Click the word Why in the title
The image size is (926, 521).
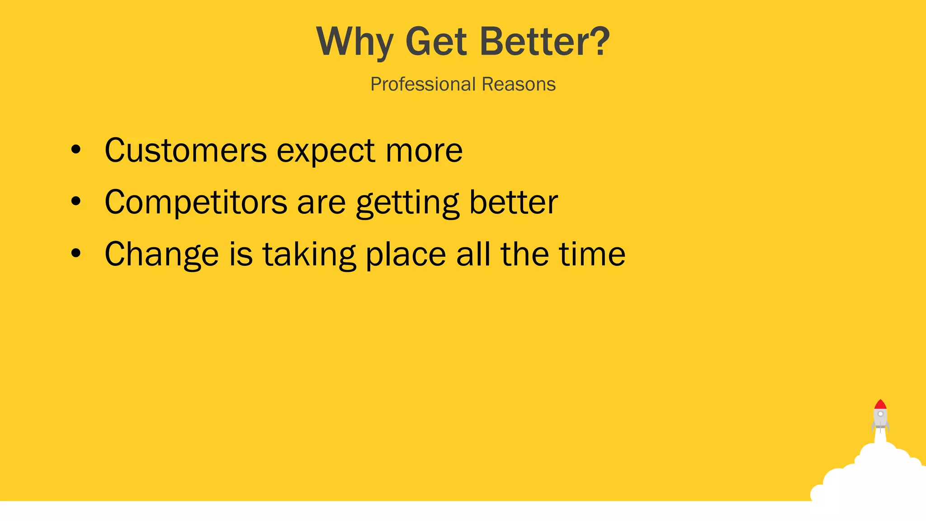click(x=354, y=42)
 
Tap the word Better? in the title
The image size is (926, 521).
click(x=545, y=42)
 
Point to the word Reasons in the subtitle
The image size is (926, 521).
click(x=519, y=84)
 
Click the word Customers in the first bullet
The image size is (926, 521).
click(x=185, y=150)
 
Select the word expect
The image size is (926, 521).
click(x=326, y=151)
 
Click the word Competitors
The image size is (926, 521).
click(x=196, y=202)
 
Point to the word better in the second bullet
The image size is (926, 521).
click(x=513, y=202)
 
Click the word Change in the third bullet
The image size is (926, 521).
click(x=161, y=255)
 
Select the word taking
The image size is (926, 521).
click(x=309, y=255)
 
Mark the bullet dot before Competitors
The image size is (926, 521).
click(x=76, y=202)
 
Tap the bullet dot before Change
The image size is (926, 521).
click(x=76, y=254)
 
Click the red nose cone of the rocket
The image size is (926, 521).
click(x=880, y=404)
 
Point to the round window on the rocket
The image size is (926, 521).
click(x=880, y=414)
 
